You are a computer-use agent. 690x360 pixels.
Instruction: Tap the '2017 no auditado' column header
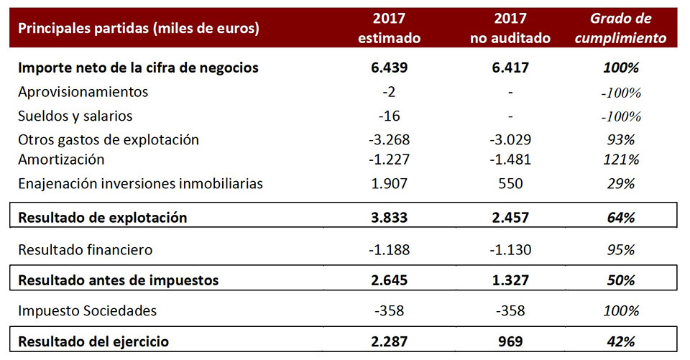point(510,28)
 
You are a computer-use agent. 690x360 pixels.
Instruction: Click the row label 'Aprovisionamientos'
point(83,92)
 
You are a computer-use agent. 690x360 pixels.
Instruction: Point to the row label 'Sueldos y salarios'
point(75,116)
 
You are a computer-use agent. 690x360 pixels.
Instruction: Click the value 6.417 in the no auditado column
point(510,68)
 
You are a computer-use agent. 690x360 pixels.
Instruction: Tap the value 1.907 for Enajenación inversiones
point(390,183)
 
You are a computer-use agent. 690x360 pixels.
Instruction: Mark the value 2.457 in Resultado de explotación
point(510,217)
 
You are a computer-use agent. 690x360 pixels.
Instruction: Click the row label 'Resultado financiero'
point(86,250)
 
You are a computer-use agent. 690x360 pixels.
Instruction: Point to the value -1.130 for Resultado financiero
point(510,250)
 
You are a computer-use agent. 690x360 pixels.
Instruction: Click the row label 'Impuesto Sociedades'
point(88,311)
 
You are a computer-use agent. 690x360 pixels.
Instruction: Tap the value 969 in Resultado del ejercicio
point(510,341)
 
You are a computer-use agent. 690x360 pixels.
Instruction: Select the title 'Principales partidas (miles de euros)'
point(139,29)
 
